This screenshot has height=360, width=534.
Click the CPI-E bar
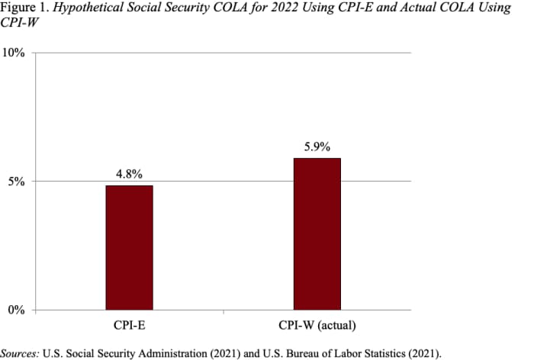129,248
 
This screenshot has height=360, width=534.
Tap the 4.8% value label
129,174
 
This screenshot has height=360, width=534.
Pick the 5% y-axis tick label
18,182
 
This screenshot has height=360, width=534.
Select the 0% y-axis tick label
18,310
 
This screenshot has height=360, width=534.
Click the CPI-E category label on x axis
129,327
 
